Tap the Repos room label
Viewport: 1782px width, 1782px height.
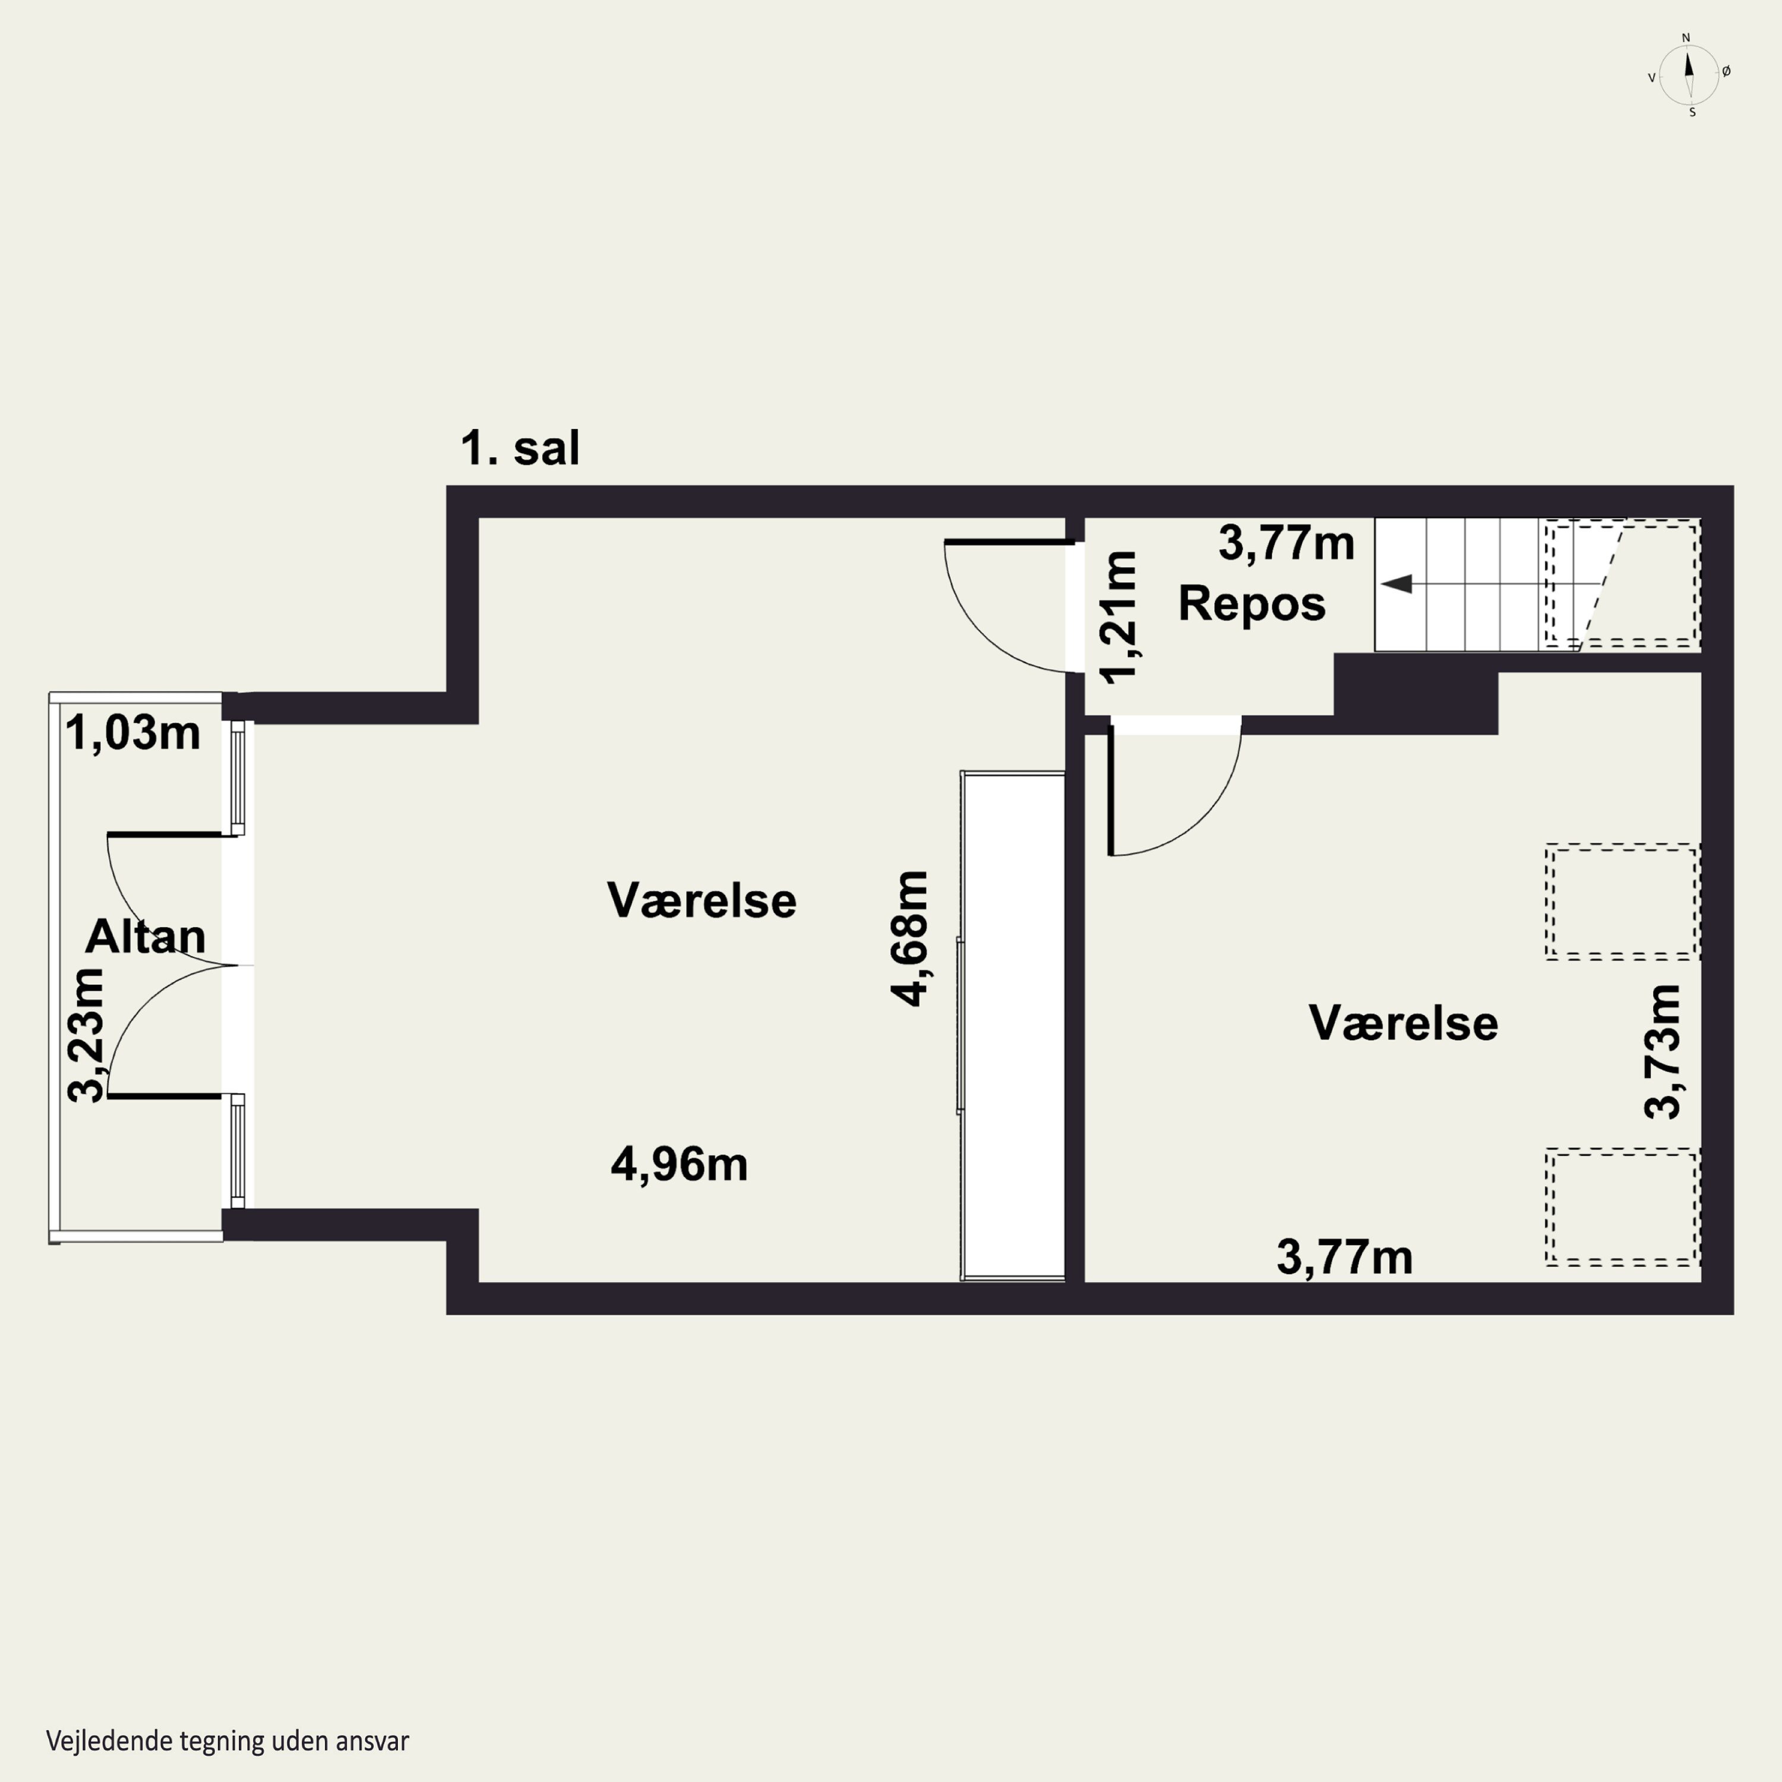tap(1252, 604)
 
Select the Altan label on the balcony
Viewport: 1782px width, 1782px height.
tap(145, 936)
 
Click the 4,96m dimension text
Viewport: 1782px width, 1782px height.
tap(679, 1164)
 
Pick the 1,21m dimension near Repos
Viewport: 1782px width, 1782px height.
tap(1120, 616)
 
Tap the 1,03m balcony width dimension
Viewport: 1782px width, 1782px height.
tap(133, 733)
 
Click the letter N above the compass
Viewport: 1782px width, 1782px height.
tap(1686, 38)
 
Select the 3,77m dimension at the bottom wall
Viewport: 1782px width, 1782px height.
tap(1344, 1257)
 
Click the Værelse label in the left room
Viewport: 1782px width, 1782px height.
tap(701, 901)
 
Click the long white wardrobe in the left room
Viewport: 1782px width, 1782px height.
tap(1013, 1026)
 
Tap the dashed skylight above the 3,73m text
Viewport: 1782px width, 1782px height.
tap(1622, 902)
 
